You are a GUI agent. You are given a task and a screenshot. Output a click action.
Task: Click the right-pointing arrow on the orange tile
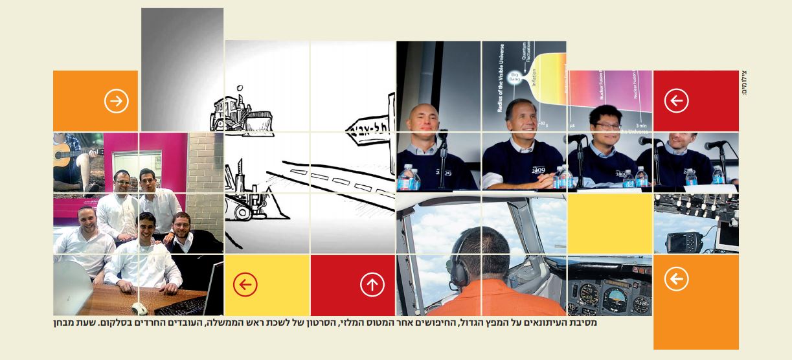tap(117, 101)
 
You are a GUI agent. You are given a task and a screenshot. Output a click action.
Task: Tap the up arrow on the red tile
tap(372, 284)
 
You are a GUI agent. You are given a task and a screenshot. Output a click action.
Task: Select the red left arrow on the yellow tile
tap(245, 284)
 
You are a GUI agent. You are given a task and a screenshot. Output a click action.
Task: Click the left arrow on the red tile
tap(676, 100)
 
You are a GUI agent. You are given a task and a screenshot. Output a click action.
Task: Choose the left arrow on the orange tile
tap(676, 279)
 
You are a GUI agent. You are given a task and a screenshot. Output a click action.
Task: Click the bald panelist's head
tap(424, 120)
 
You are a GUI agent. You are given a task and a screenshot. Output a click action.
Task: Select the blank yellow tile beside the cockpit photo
tap(609, 224)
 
